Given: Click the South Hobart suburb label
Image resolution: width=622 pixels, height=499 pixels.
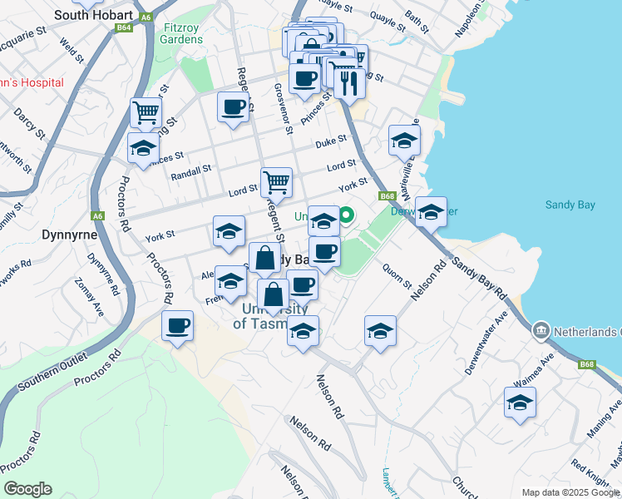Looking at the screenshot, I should point(92,15).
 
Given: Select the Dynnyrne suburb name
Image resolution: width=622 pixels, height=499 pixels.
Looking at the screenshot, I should point(70,235).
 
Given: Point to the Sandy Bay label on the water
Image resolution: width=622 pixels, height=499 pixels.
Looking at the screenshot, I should point(570,205).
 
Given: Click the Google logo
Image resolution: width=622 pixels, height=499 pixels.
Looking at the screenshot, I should point(27,489).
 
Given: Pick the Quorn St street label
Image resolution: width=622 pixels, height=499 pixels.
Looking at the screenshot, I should point(397,275).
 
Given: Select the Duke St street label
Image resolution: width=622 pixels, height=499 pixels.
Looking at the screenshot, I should point(330,142).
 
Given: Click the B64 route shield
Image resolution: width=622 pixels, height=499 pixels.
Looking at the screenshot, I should point(125,27).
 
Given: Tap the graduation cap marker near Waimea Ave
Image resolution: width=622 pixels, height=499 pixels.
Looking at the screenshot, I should point(520,403).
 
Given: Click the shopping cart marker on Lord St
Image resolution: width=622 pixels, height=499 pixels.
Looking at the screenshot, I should point(276,180).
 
